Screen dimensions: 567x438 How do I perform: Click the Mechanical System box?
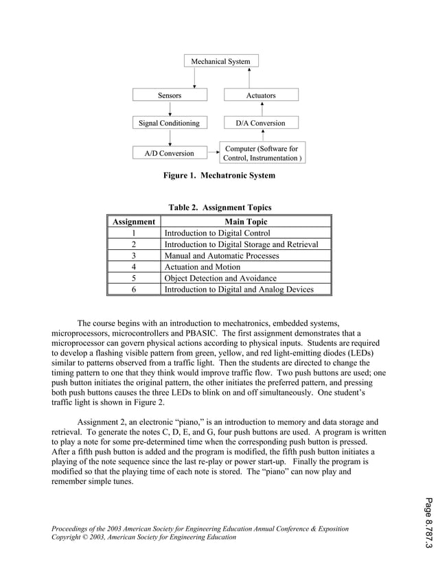click(x=220, y=62)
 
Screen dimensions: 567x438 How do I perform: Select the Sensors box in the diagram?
click(x=169, y=95)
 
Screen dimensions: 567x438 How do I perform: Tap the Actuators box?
click(x=261, y=95)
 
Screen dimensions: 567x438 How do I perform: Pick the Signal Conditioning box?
click(x=169, y=124)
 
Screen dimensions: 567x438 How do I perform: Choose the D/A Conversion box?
click(x=261, y=124)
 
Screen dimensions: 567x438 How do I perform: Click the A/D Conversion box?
click(x=169, y=153)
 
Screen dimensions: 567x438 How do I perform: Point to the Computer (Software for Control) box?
click(x=262, y=153)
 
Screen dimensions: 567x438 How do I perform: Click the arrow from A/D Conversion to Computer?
click(x=211, y=153)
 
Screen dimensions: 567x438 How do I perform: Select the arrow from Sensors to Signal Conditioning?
click(x=169, y=109)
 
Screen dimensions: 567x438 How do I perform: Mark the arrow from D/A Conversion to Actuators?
click(x=262, y=109)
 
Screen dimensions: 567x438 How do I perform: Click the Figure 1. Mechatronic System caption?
click(x=219, y=176)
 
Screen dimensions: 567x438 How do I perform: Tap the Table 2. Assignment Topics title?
click(x=220, y=207)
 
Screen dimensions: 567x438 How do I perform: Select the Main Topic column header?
click(x=246, y=222)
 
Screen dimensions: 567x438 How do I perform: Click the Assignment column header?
click(x=134, y=222)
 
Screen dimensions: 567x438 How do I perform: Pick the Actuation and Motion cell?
click(x=203, y=267)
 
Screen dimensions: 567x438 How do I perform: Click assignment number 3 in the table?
click(x=134, y=255)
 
